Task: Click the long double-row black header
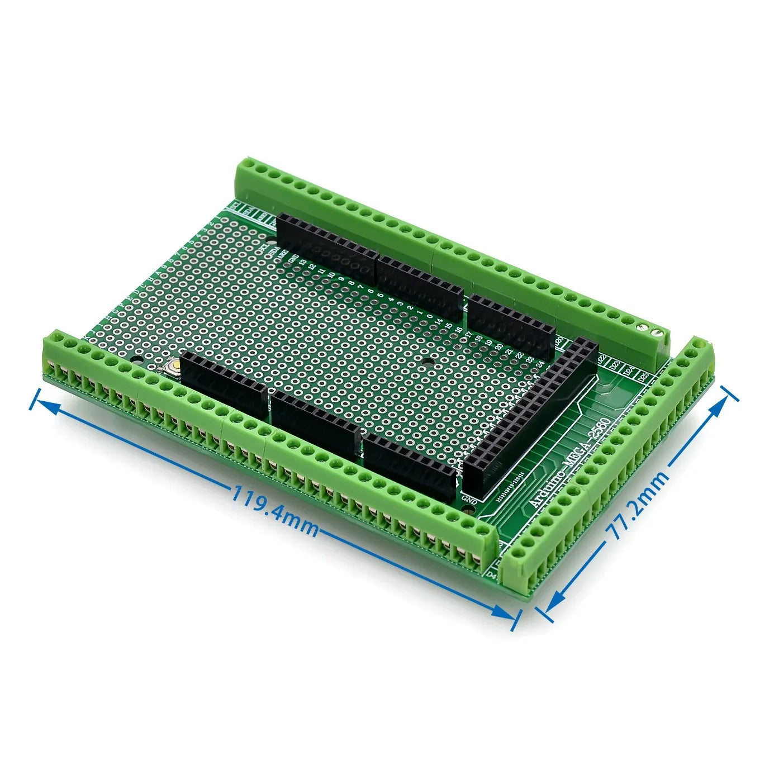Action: click(528, 416)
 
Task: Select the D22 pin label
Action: click(602, 358)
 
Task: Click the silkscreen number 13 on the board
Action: click(302, 261)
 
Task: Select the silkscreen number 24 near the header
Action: click(540, 364)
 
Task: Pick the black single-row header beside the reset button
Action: click(224, 384)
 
